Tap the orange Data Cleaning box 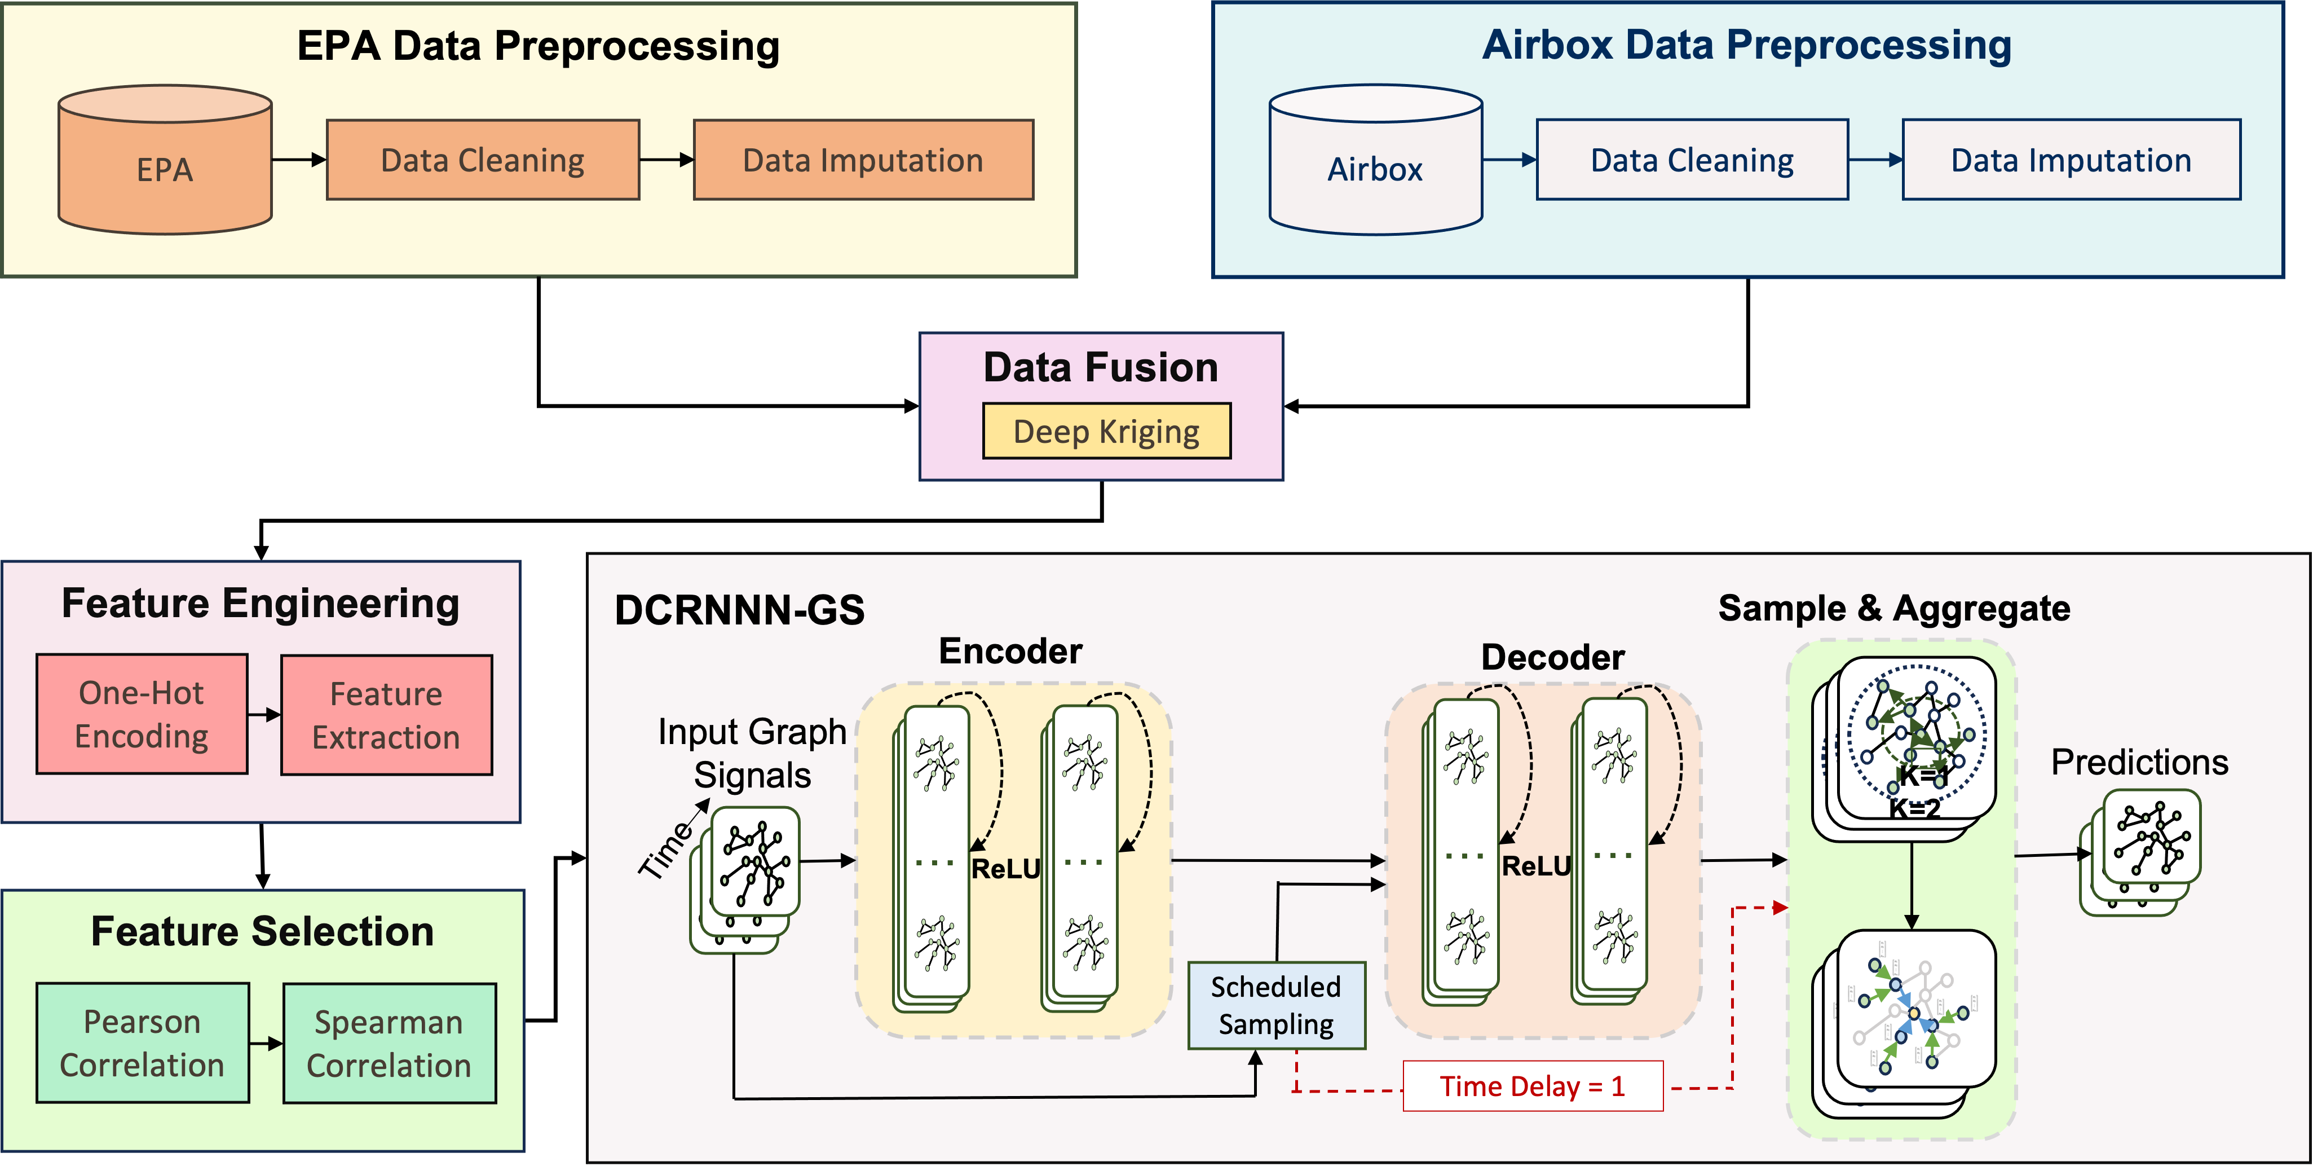pos(483,160)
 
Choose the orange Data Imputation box pos(863,160)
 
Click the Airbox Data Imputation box pos(2072,160)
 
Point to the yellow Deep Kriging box pos(1106,431)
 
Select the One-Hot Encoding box pos(142,714)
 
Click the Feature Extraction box pos(386,715)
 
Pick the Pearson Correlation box pos(142,1043)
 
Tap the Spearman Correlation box pos(389,1044)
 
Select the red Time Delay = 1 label pos(1533,1086)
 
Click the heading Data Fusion pos(1101,367)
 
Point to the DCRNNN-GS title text pos(739,610)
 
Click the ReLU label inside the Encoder pos(1005,869)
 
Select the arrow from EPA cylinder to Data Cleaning pos(299,160)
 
